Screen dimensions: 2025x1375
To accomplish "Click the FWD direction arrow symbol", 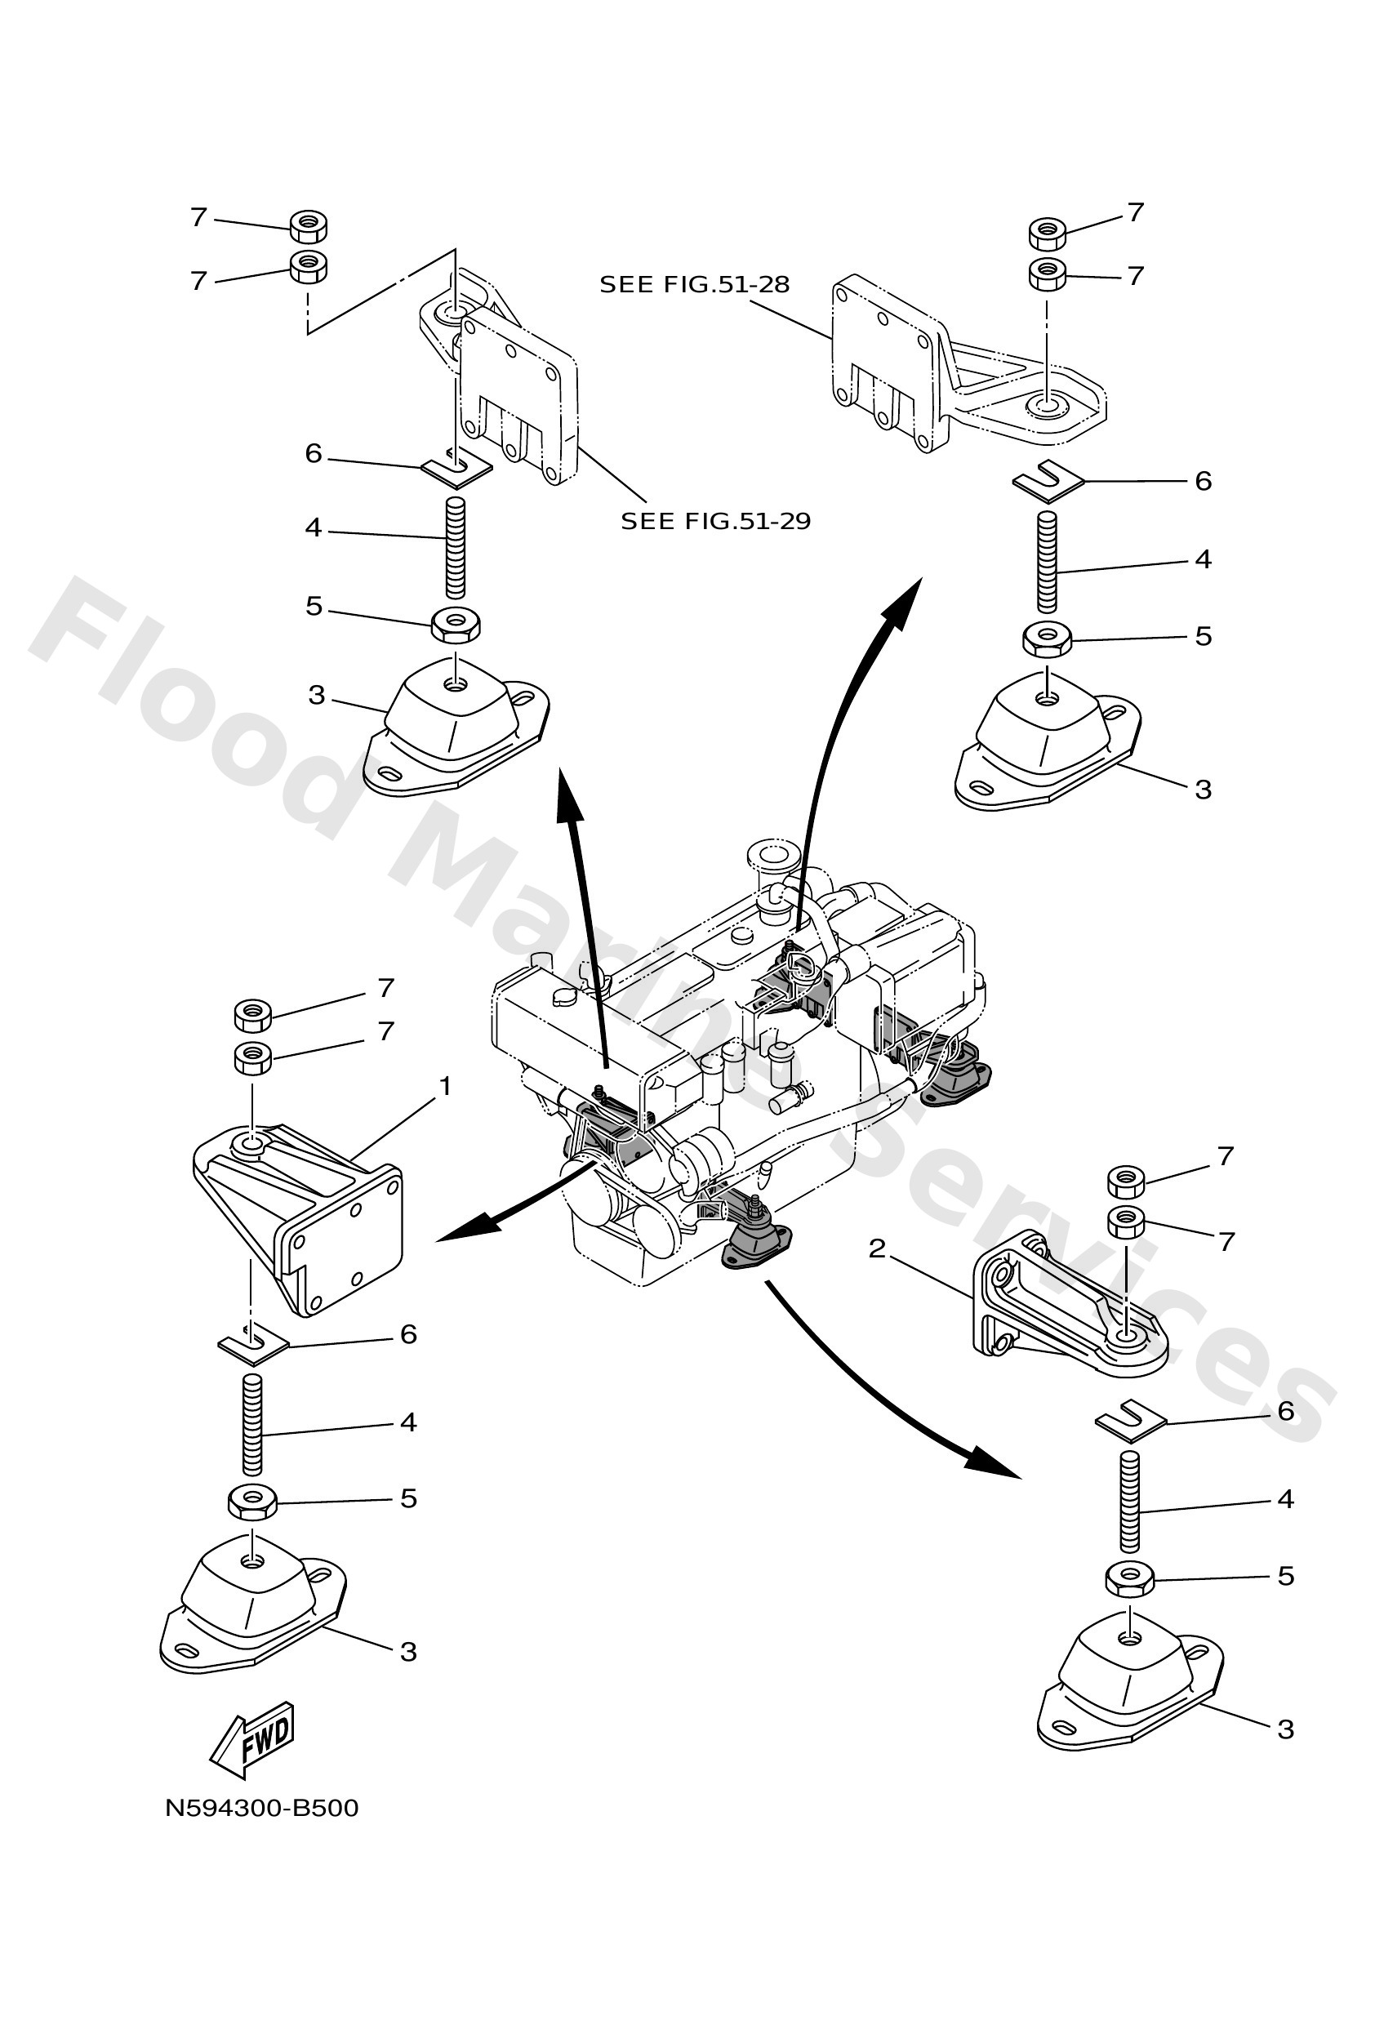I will pyautogui.click(x=252, y=1740).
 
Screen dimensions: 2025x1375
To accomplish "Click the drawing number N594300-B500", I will pyautogui.click(x=261, y=1808).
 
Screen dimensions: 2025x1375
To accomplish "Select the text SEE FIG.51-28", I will pyautogui.click(x=695, y=284).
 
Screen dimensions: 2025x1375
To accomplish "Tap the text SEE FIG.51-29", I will pyautogui.click(x=715, y=521).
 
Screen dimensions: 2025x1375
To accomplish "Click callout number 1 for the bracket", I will pyautogui.click(x=445, y=1086).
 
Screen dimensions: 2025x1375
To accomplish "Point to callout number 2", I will pyautogui.click(x=877, y=1248).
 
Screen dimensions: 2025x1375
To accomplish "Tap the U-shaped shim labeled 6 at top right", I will pyautogui.click(x=1048, y=480).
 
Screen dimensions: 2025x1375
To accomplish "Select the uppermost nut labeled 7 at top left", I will pyautogui.click(x=308, y=225).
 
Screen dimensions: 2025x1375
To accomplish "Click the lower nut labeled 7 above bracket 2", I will pyautogui.click(x=1127, y=1222).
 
